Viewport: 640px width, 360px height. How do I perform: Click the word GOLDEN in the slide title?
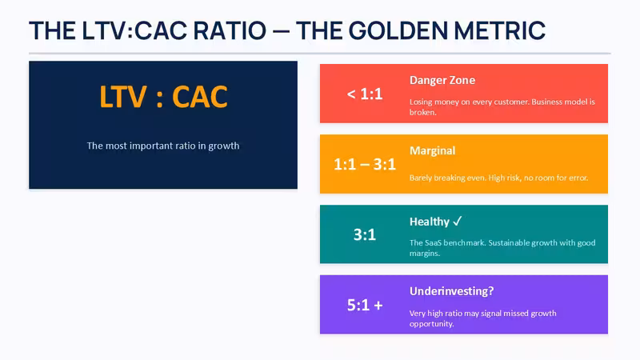pos(398,31)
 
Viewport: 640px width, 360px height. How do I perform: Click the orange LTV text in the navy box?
pos(123,97)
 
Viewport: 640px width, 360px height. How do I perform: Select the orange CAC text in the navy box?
pos(200,97)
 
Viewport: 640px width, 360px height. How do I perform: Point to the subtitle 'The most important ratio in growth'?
pos(163,146)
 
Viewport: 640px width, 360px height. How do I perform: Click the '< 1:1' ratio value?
pos(365,94)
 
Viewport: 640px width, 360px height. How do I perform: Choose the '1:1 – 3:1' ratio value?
pos(365,164)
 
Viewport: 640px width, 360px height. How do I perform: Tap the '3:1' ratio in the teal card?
pos(365,234)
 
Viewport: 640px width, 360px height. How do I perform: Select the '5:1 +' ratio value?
pos(365,305)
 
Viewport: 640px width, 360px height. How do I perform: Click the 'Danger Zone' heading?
pos(442,80)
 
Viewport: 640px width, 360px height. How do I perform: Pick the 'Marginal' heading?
pos(432,150)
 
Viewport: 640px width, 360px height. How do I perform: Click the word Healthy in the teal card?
pos(430,222)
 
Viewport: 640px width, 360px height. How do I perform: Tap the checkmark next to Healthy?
pos(457,221)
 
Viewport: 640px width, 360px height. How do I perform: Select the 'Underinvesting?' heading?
pos(451,291)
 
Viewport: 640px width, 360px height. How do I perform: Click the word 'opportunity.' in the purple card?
pos(431,324)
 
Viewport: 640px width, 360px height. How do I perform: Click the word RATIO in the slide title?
pos(230,31)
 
